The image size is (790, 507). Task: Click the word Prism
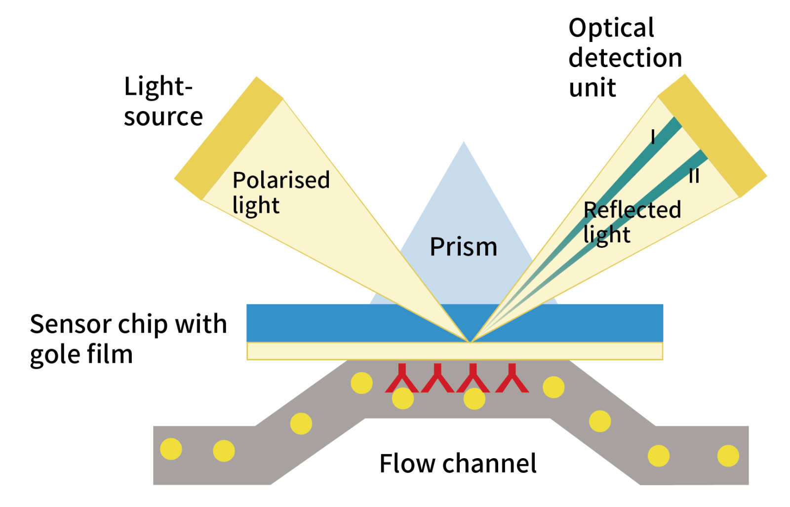pyautogui.click(x=463, y=246)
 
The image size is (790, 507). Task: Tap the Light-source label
pyautogui.click(x=162, y=101)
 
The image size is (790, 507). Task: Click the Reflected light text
pyautogui.click(x=632, y=222)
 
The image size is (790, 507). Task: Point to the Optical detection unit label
pyautogui.click(x=625, y=58)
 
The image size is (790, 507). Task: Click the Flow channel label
pyautogui.click(x=458, y=463)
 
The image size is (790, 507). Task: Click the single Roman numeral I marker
pyautogui.click(x=653, y=136)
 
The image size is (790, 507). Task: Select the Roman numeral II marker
pyautogui.click(x=694, y=176)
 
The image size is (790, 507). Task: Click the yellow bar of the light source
pyautogui.click(x=229, y=138)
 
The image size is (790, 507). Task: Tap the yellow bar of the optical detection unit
pyautogui.click(x=712, y=136)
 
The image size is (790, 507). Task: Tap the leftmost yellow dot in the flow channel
pyautogui.click(x=171, y=449)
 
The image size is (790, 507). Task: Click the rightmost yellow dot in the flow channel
pyautogui.click(x=728, y=455)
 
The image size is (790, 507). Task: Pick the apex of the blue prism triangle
pyautogui.click(x=464, y=144)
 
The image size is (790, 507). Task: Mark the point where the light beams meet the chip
pyautogui.click(x=470, y=341)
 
